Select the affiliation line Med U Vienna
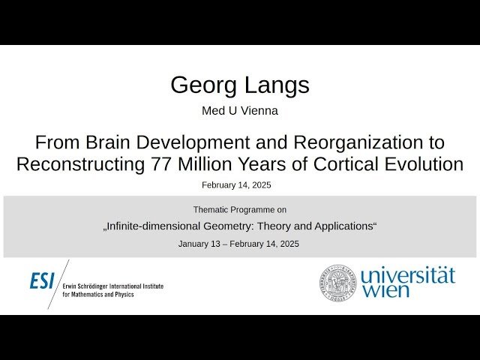pos(239,111)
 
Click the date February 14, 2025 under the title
pos(236,184)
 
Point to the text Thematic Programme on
pos(239,210)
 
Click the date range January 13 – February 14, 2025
pos(239,244)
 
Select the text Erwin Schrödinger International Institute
pos(112,286)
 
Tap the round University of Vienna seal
pos(339,283)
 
